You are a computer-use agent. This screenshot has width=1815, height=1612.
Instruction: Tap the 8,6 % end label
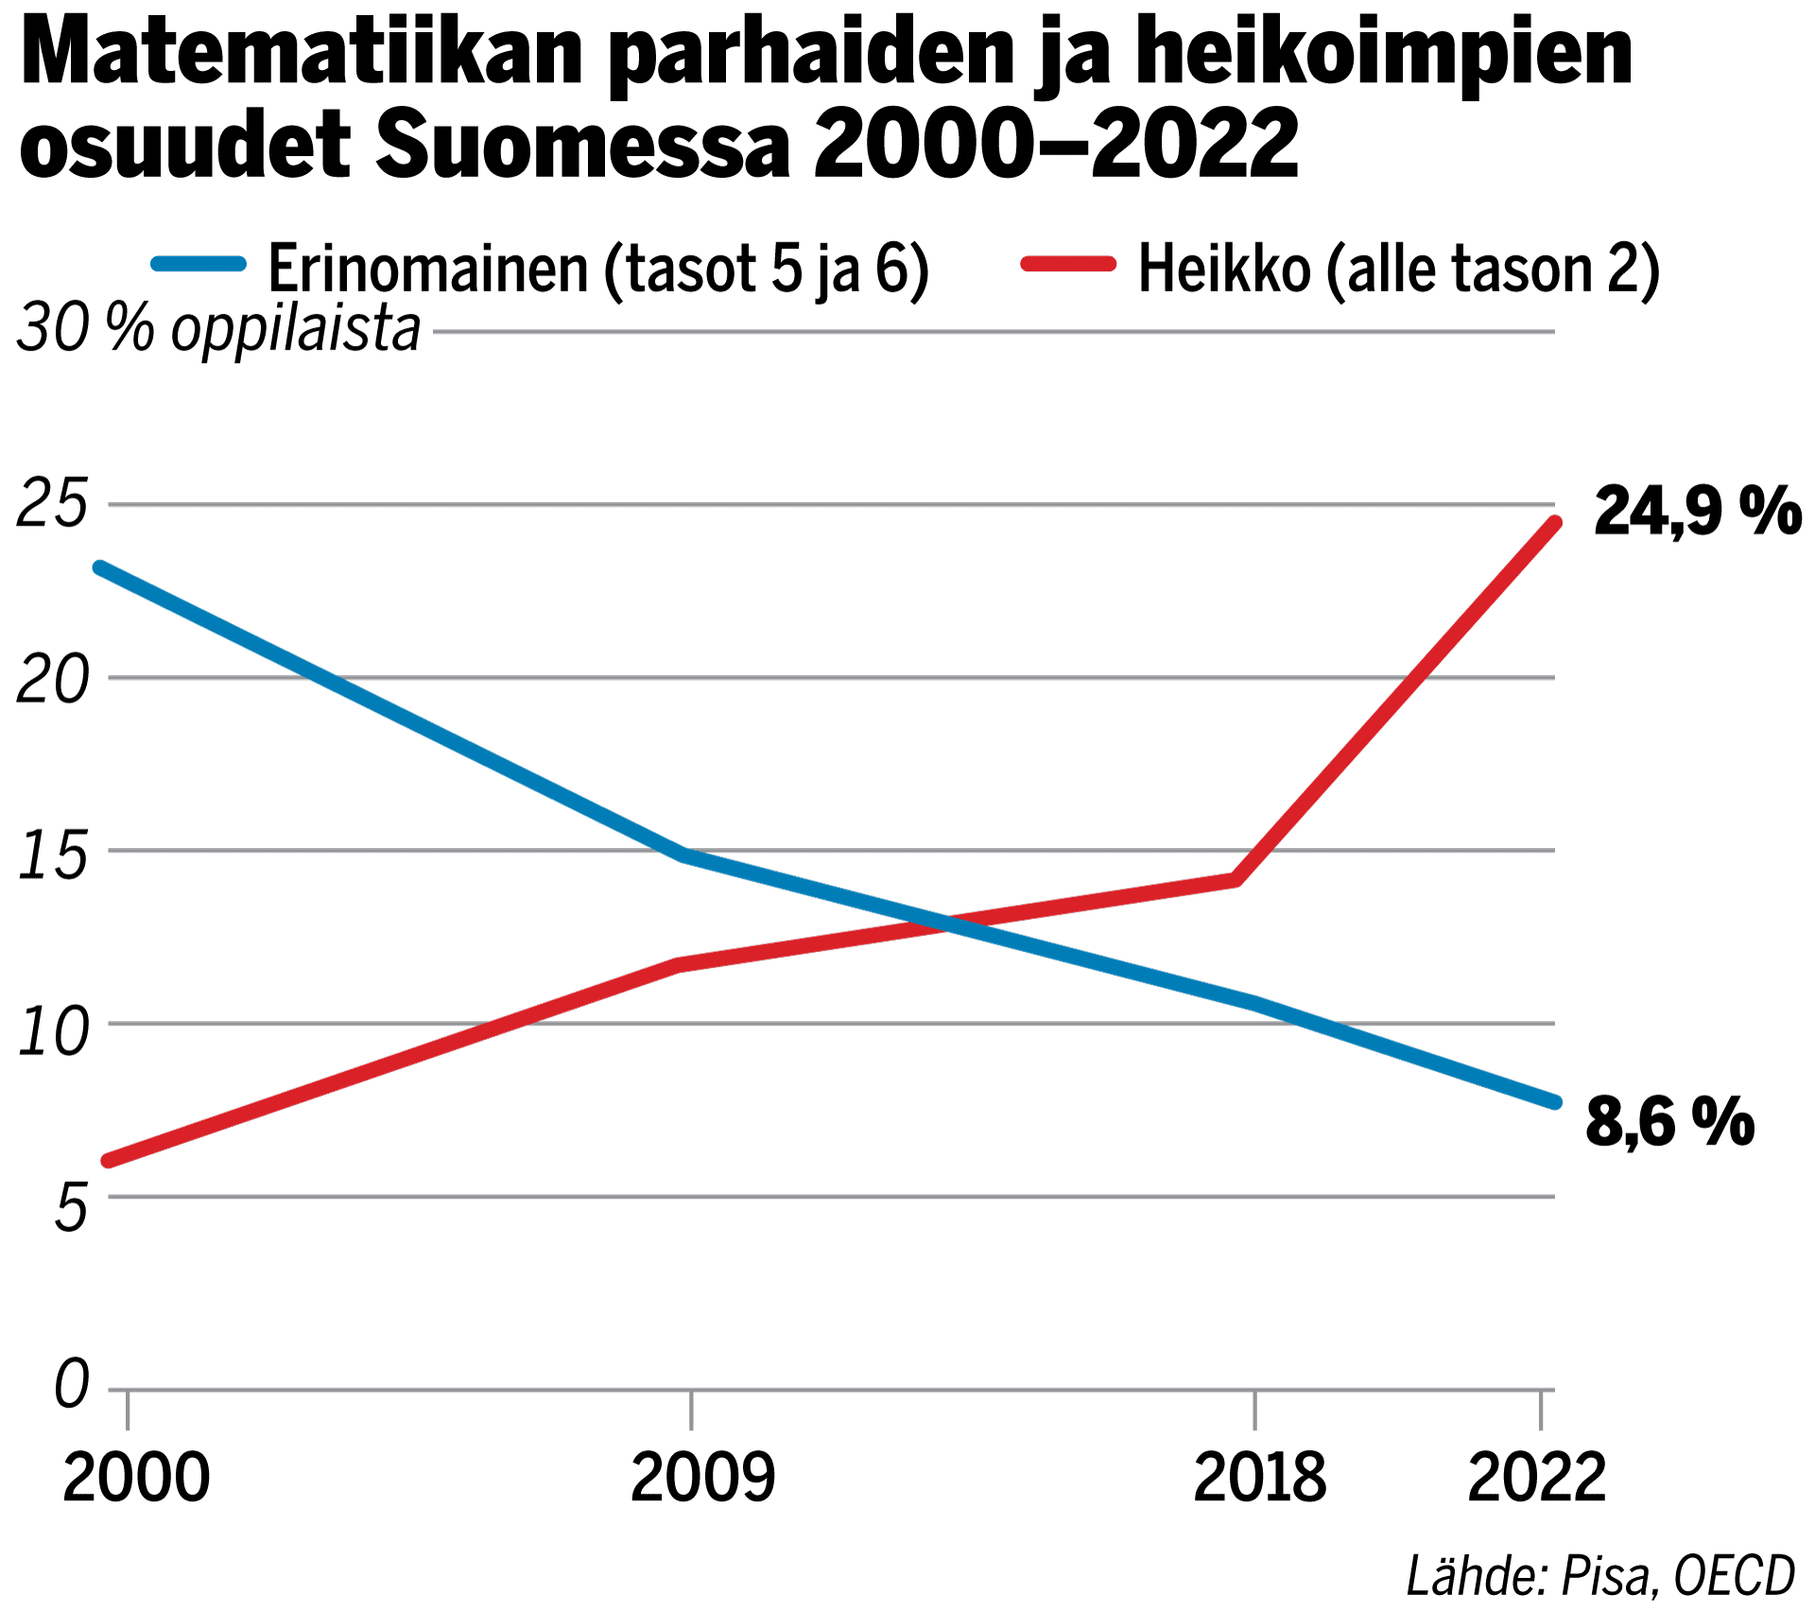click(1669, 1122)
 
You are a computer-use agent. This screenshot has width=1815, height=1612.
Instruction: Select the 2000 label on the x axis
click(136, 1477)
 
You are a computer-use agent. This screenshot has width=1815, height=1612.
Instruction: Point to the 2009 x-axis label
click(701, 1477)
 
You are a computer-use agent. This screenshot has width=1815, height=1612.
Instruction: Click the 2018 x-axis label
click(1259, 1477)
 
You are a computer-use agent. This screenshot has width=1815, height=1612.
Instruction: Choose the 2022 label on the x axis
click(1536, 1477)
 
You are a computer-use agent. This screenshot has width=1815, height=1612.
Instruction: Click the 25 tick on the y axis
click(53, 504)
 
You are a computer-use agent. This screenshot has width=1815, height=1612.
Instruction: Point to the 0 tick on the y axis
click(72, 1385)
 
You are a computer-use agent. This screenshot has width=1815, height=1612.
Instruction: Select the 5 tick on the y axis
click(72, 1207)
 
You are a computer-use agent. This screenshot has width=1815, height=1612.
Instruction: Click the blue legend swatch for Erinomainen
click(199, 264)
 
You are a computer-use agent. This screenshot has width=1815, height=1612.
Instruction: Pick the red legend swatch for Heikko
click(1068, 264)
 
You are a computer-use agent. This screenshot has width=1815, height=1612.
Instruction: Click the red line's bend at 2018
click(1235, 880)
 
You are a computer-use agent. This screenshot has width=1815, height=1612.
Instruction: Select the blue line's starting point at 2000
click(99, 568)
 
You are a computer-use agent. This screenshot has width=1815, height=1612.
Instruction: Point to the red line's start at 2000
click(108, 1161)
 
